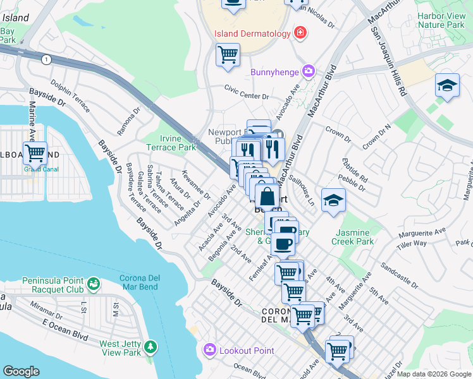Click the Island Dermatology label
click(252, 33)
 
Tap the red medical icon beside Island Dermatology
click(300, 33)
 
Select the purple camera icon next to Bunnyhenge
click(309, 72)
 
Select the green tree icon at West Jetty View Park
click(150, 347)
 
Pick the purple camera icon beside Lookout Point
click(209, 349)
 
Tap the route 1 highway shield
click(46, 59)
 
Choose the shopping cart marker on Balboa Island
click(35, 153)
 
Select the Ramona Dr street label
click(128, 121)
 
